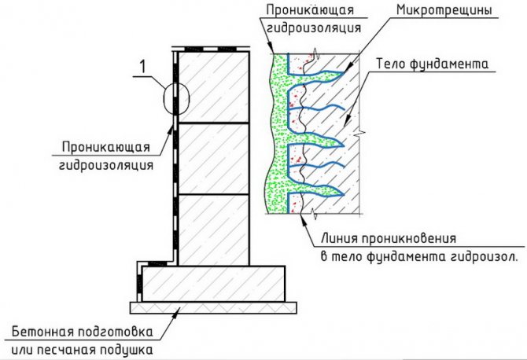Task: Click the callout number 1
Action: [x=143, y=66]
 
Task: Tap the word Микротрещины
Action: [x=444, y=10]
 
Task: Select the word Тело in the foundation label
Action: [x=390, y=64]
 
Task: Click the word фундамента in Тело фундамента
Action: [x=448, y=64]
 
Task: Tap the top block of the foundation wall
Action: [x=213, y=87]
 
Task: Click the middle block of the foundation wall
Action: [x=213, y=159]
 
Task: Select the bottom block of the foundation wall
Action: [x=213, y=230]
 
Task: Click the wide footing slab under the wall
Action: [x=213, y=284]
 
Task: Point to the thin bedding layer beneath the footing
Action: [x=213, y=307]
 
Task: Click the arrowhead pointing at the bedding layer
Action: [x=178, y=310]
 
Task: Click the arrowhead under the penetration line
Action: [x=304, y=218]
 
